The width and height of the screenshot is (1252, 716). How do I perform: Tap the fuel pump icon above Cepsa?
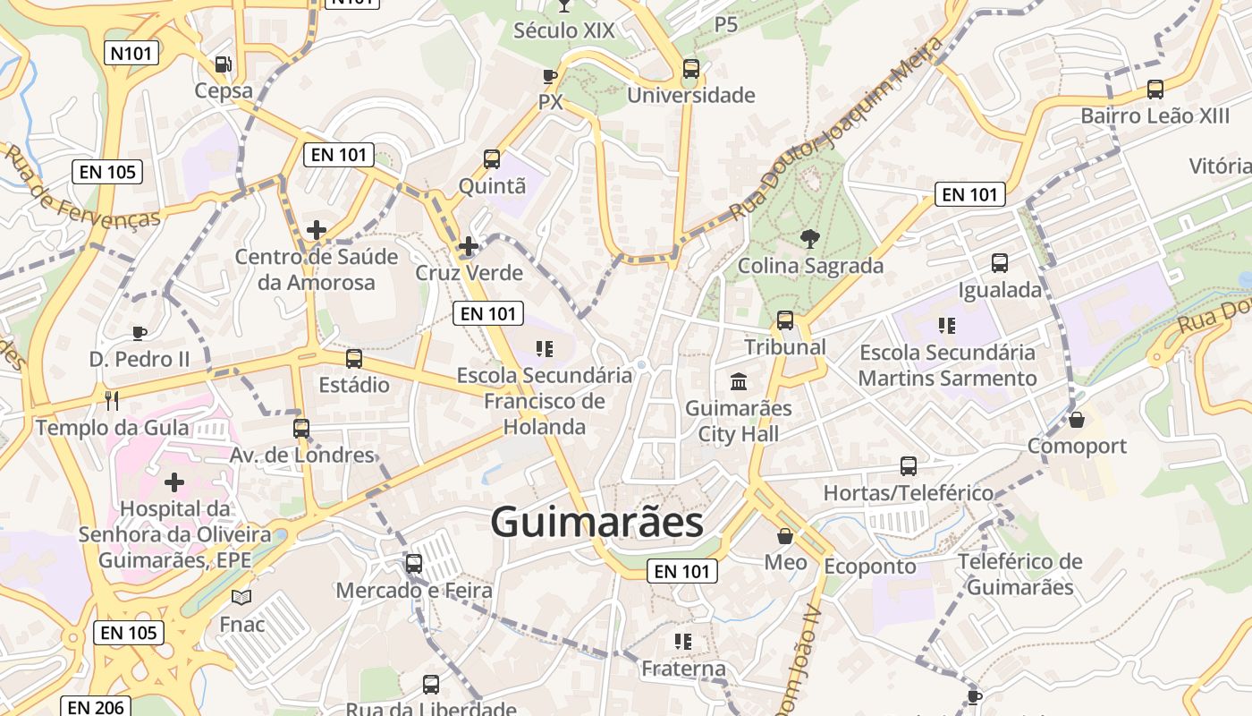(223, 64)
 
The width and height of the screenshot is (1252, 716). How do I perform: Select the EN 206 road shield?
(97, 707)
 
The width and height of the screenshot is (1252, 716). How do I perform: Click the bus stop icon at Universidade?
(690, 69)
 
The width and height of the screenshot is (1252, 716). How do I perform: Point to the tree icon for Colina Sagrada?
(809, 239)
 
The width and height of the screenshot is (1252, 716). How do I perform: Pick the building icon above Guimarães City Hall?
(739, 382)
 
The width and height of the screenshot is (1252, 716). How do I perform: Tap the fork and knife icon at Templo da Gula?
(112, 400)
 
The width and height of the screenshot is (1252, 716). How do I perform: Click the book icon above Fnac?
(241, 597)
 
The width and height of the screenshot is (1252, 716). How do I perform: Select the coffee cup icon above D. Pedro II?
(140, 334)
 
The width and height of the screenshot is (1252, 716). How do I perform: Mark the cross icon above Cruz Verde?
(468, 246)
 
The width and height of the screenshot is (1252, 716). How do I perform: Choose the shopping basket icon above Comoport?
(1077, 420)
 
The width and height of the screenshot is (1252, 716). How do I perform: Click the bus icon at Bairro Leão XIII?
(1155, 89)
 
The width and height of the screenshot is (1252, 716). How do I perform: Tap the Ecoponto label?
(869, 567)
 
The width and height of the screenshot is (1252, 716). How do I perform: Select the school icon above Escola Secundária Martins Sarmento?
(947, 326)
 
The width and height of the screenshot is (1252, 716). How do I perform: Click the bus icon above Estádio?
(354, 359)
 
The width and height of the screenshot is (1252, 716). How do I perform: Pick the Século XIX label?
(563, 31)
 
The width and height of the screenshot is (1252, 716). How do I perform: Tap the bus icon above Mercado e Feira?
(413, 564)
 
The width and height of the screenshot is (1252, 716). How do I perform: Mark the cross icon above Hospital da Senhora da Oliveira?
(174, 483)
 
